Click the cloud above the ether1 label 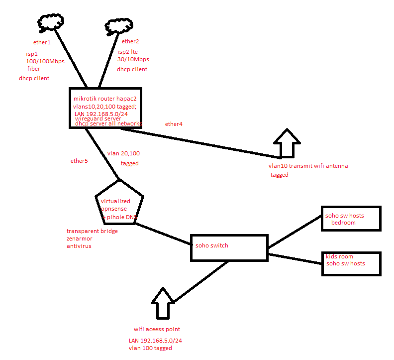(51, 22)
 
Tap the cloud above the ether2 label (117, 26)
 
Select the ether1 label (41, 42)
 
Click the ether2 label (130, 41)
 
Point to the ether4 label (174, 124)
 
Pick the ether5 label (79, 161)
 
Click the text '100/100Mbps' (45, 61)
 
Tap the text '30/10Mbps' (133, 59)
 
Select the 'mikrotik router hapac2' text (105, 99)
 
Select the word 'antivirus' (79, 246)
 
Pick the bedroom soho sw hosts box (350, 219)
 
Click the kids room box (350, 263)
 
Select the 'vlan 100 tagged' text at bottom (150, 348)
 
